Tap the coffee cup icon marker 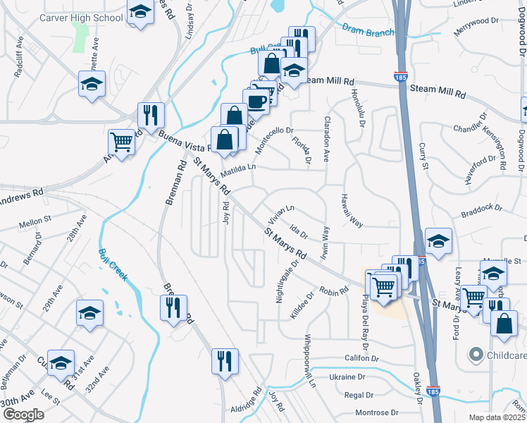(256, 101)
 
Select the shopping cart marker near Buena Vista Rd (122, 142)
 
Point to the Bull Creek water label (113, 265)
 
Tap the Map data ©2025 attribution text (497, 417)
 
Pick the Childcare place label (505, 356)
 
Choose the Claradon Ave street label (326, 140)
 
